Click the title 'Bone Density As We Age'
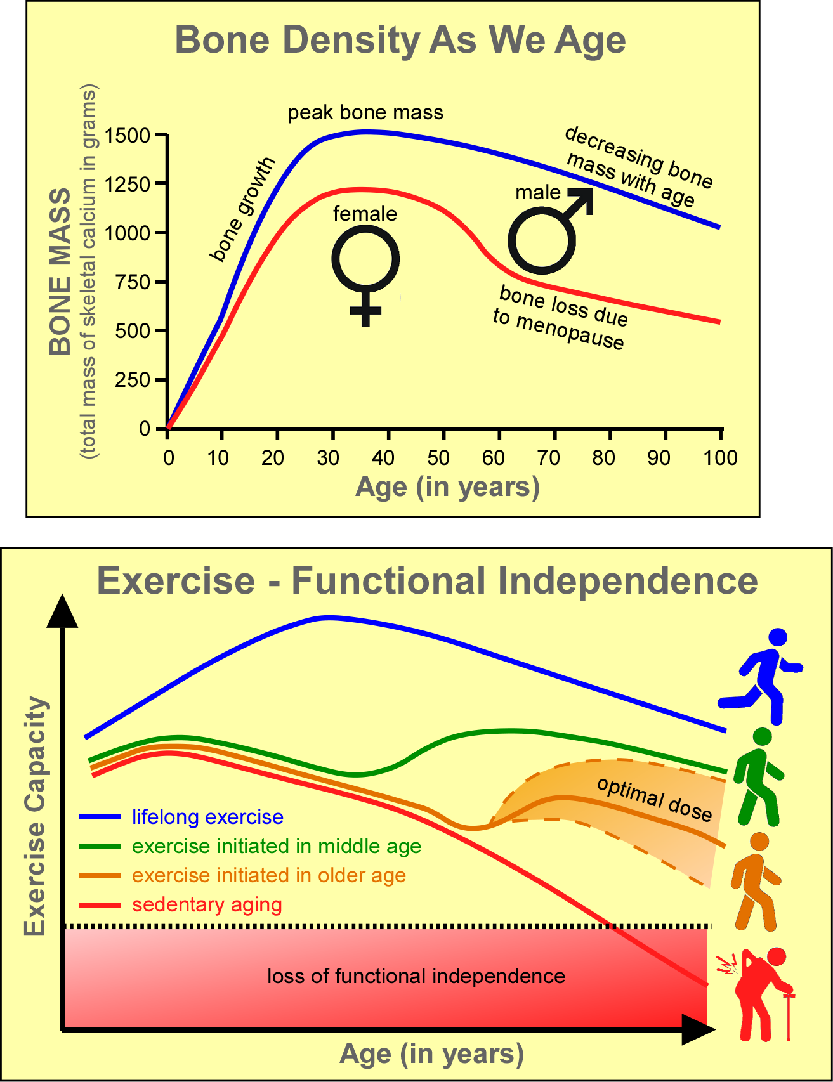click(x=400, y=40)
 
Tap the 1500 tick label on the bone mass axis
click(x=128, y=136)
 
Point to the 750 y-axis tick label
click(x=133, y=282)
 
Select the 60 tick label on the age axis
click(x=493, y=458)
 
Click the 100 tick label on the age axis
click(x=720, y=458)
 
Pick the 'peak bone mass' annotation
click(x=365, y=113)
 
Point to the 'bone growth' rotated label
click(x=243, y=209)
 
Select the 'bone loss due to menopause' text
click(x=561, y=318)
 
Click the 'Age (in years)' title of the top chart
click(x=447, y=487)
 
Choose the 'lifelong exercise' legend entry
click(x=207, y=817)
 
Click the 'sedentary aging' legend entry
click(x=207, y=904)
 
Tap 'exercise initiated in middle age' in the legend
click(x=277, y=846)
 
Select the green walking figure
click(x=758, y=777)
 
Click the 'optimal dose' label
click(x=654, y=798)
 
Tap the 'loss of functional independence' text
click(x=416, y=975)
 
